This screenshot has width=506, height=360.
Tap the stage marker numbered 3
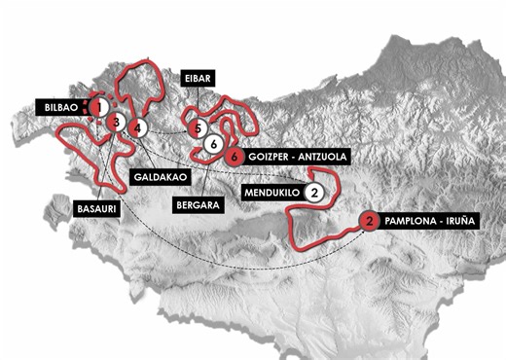pos(116,123)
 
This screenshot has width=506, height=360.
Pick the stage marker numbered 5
pos(198,127)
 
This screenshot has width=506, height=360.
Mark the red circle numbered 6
pos(232,157)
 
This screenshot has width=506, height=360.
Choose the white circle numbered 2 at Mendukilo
pos(314,192)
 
